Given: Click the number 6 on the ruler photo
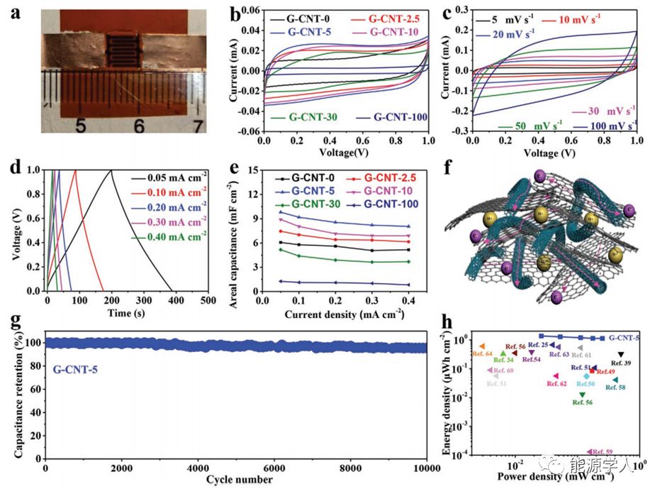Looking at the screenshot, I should (139, 126).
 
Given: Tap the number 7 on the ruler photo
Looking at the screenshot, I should (198, 126).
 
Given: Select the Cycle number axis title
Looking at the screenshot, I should (239, 480).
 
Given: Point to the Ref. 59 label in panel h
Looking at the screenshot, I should (602, 451).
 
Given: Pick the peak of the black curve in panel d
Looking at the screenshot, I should (111, 170).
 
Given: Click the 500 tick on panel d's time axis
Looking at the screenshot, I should (208, 301).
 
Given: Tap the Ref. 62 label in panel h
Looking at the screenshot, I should (556, 384).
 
